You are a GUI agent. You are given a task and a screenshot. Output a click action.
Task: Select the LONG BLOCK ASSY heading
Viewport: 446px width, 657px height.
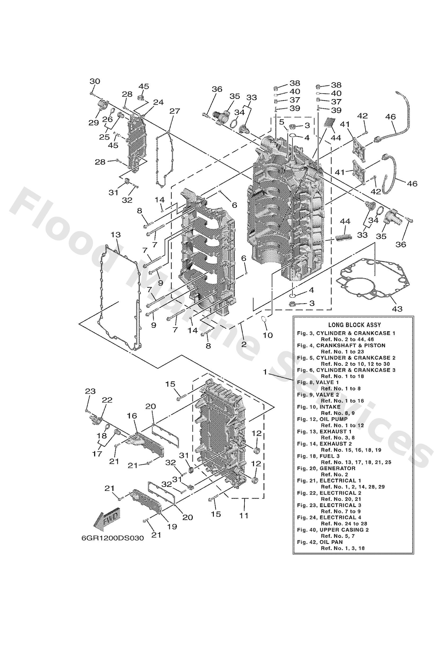click(x=354, y=325)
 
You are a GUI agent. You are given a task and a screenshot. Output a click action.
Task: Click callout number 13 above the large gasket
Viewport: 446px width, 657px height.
click(x=116, y=235)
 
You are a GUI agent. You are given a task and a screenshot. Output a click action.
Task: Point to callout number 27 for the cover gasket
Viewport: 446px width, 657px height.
click(x=175, y=111)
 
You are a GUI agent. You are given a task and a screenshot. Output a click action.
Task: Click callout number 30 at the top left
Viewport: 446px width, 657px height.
click(x=95, y=81)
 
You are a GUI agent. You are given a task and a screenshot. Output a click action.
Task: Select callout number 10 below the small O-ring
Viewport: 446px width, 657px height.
click(x=268, y=335)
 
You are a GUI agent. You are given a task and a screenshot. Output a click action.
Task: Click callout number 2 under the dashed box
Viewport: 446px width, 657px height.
click(x=244, y=344)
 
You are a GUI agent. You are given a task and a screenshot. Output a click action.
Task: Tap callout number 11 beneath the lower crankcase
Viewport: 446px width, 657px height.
click(x=244, y=515)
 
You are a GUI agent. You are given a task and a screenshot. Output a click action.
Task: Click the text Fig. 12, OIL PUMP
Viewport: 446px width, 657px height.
click(x=322, y=419)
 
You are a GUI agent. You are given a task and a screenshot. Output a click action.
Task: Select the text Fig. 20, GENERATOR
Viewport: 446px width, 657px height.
click(x=326, y=468)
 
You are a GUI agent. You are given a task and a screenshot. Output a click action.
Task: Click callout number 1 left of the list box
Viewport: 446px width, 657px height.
click(x=265, y=372)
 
